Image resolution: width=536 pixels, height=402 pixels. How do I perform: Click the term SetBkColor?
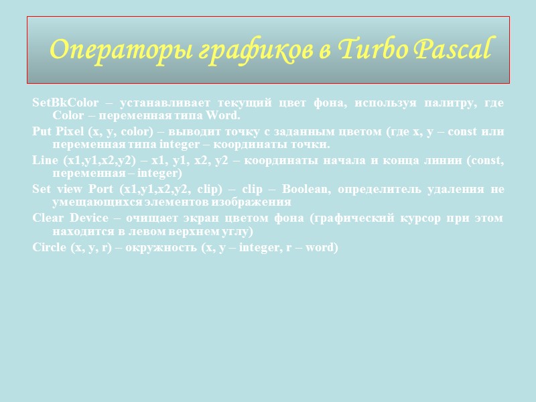pos(65,103)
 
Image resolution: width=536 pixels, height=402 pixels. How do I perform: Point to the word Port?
pos(100,188)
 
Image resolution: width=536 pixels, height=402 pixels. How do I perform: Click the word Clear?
pos(48,218)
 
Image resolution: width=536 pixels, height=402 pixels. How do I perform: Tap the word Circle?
pos(50,247)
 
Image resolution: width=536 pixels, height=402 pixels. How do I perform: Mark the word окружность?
pos(159,247)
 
